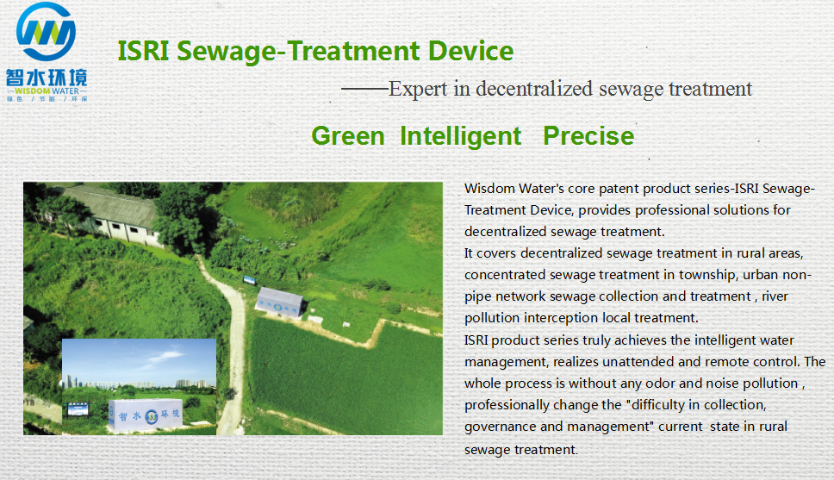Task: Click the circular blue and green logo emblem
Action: [46, 31]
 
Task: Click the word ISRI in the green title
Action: [143, 51]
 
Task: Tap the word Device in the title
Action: [470, 51]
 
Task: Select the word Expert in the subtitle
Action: [418, 89]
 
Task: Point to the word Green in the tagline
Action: [348, 135]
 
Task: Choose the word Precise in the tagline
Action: [588, 135]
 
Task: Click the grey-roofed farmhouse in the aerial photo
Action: [109, 214]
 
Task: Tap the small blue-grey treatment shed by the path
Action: [280, 302]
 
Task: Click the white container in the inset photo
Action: [146, 415]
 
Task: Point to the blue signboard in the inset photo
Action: [78, 408]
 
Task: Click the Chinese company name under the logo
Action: [47, 78]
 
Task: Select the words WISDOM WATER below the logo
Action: [47, 91]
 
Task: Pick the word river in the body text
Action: [775, 296]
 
